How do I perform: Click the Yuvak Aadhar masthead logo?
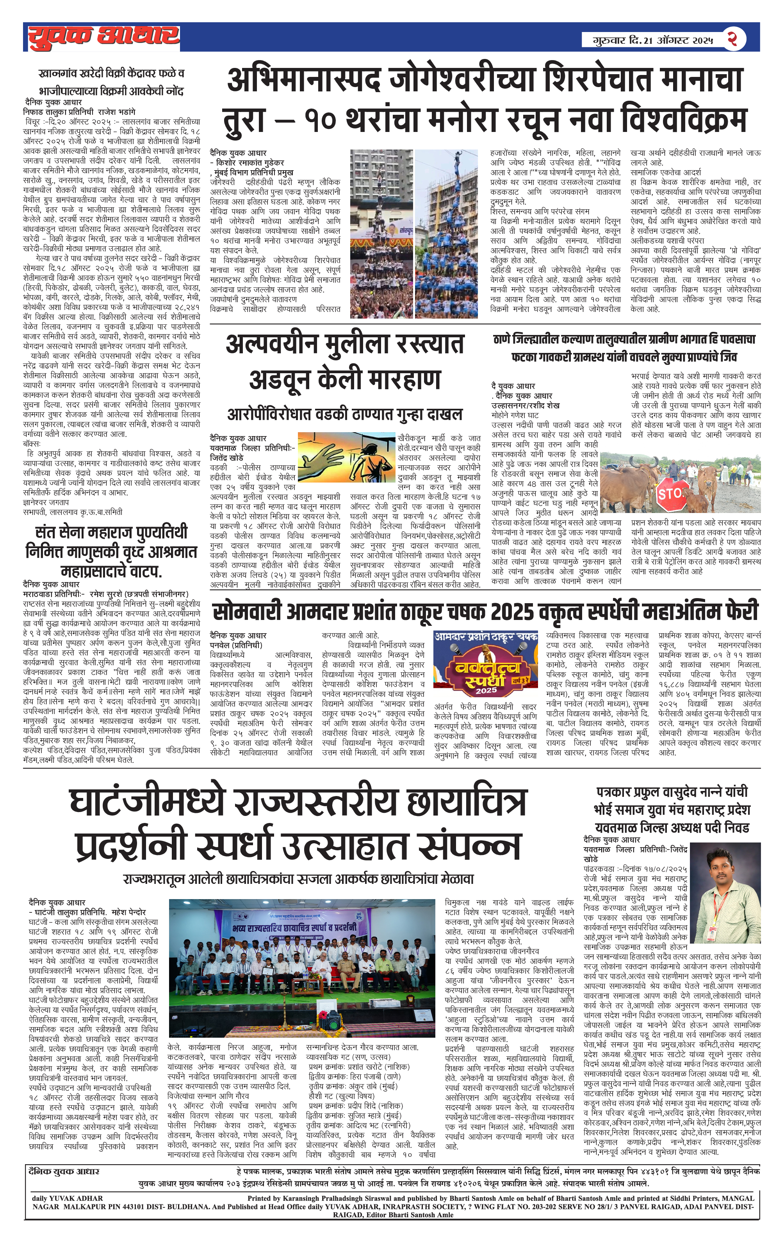103,37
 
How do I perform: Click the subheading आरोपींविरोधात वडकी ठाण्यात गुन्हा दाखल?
345,414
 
